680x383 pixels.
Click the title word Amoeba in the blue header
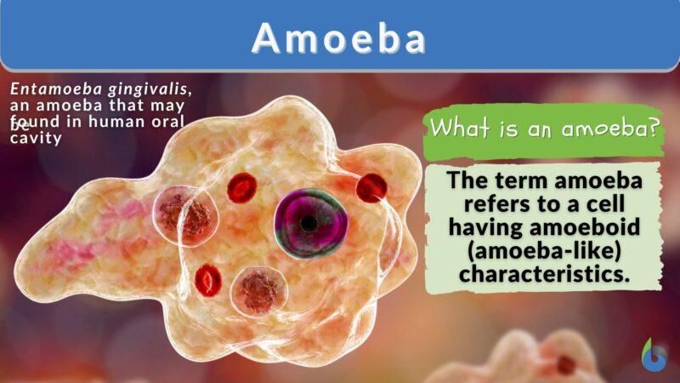339,37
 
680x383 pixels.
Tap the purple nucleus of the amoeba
311,223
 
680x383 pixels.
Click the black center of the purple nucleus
309,223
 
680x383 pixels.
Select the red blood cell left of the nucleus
242,187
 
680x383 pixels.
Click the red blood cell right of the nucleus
371,187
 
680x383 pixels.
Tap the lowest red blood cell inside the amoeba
208,278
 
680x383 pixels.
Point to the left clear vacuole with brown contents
183,212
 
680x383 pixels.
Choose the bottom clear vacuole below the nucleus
258,290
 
